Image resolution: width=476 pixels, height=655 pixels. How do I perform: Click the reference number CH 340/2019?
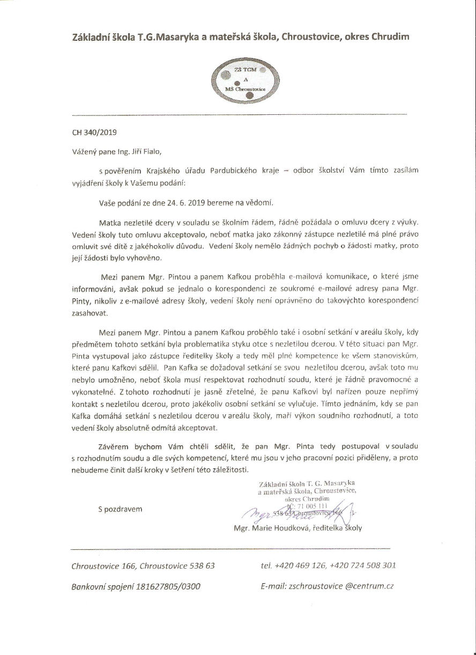point(94,131)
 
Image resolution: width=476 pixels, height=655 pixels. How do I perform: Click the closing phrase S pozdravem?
point(120,509)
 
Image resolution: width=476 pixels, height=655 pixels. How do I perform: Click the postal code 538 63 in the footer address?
point(202,565)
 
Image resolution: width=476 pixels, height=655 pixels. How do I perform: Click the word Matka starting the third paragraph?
point(110,222)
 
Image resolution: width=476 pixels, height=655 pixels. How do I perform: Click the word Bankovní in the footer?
point(89,586)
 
